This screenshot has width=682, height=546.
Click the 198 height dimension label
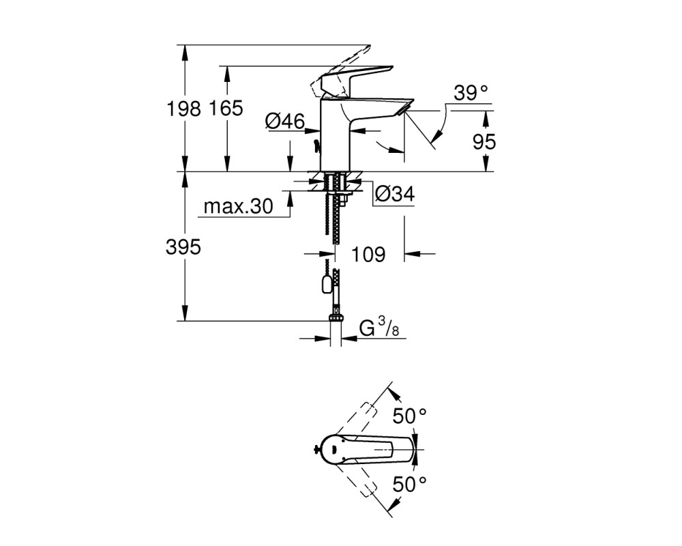pos(183,109)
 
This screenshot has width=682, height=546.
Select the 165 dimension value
pos(226,108)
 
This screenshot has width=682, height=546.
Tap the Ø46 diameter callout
pos(285,121)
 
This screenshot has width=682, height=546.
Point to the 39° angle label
pos(471,94)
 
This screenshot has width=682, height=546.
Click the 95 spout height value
pos(484,142)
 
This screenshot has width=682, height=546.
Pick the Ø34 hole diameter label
pos(394,194)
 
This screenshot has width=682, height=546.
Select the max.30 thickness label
pos(238,206)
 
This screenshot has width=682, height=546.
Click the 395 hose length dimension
pos(183,247)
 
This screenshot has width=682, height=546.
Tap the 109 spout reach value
pos(368,255)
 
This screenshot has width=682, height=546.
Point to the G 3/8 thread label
pos(379,327)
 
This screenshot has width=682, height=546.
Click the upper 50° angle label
pos(410,416)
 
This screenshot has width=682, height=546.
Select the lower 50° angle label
pos(410,484)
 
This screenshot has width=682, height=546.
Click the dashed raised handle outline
pos(339,72)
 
